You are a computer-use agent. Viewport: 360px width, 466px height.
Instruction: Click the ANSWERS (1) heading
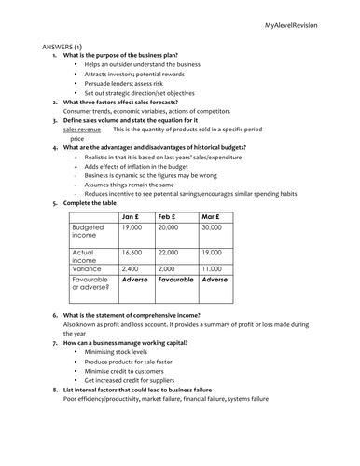click(61, 46)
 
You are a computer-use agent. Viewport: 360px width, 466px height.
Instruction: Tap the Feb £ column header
click(169, 216)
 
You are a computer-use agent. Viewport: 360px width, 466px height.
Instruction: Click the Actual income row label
click(85, 256)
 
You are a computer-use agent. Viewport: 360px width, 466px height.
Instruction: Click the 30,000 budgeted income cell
click(212, 227)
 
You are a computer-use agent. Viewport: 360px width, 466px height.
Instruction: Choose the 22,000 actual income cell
click(169, 253)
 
